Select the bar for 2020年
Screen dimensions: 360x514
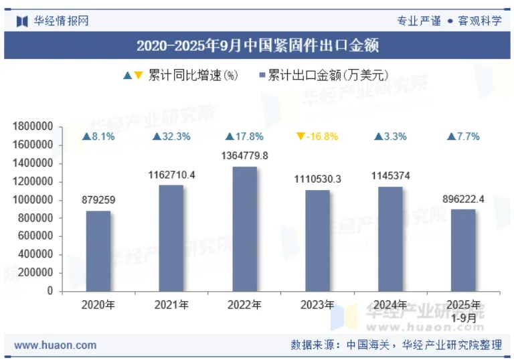tap(98, 251)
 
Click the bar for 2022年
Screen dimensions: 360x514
tap(244, 229)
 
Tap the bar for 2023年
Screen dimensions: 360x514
tap(317, 241)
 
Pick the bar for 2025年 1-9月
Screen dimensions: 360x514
tap(463, 250)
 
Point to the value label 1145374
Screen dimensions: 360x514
tap(390, 176)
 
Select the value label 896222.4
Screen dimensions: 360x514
tap(463, 199)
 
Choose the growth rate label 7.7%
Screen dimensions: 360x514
tap(463, 137)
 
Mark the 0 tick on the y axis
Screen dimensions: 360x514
tap(50, 291)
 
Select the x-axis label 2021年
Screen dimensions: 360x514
tap(171, 305)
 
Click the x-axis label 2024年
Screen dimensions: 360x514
tap(390, 305)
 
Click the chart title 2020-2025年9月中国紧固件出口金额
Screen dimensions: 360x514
tap(257, 46)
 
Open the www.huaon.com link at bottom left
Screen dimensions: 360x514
tap(55, 345)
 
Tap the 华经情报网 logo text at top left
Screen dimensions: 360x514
tap(61, 21)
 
